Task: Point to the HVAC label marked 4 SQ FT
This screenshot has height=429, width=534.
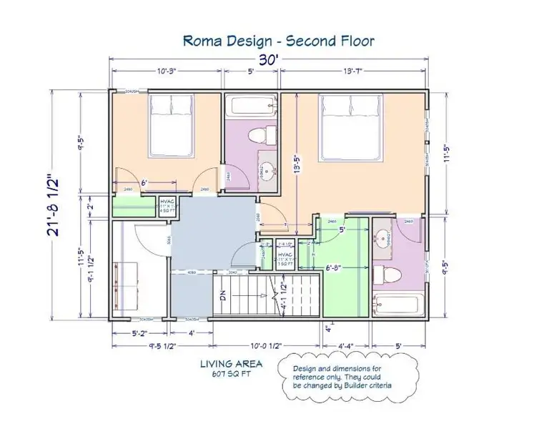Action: [x=168, y=205]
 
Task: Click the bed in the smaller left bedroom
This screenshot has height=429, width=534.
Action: [x=171, y=118]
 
